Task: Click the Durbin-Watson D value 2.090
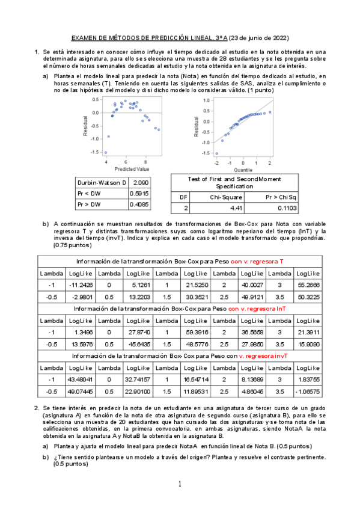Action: point(140,182)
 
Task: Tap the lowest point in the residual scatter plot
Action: point(105,153)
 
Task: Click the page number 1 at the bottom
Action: point(179,484)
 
